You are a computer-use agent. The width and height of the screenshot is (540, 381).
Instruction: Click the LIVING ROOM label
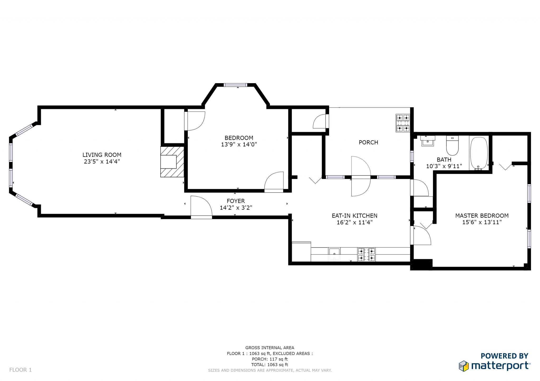(102, 155)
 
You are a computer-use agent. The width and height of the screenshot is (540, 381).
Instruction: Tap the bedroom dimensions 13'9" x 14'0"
(239, 144)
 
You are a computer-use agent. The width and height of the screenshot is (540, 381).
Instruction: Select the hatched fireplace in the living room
(172, 162)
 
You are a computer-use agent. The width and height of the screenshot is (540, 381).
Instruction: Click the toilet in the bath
(452, 145)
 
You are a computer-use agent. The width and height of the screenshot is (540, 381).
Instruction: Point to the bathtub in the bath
(479, 153)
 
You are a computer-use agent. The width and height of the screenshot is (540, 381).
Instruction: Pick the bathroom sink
(427, 141)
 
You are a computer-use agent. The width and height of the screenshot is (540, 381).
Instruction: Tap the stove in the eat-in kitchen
(366, 254)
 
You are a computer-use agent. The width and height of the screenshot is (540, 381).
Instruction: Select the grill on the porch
(403, 123)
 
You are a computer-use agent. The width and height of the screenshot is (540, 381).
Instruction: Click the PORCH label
(368, 142)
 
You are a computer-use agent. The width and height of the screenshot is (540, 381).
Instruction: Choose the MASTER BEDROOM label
(482, 216)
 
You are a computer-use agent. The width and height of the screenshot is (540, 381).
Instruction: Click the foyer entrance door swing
(201, 207)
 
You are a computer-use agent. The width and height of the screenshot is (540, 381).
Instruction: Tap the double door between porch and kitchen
(361, 176)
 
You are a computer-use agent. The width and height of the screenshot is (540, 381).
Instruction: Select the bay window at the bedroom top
(235, 85)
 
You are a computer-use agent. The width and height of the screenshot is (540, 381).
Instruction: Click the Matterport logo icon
(464, 366)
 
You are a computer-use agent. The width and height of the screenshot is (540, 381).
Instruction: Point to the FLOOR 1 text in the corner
(21, 370)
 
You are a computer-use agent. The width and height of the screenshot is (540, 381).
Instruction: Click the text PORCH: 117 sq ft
(270, 359)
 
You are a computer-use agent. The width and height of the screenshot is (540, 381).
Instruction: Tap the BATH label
(444, 160)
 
